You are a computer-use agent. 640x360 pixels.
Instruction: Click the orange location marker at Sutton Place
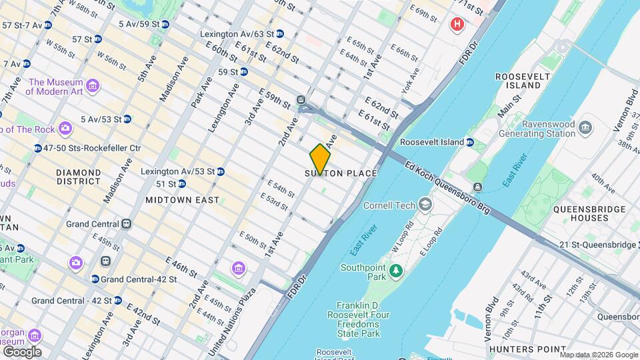[320, 158]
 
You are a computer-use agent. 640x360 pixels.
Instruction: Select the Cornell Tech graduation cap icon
[425, 205]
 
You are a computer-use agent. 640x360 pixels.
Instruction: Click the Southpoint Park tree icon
[396, 269]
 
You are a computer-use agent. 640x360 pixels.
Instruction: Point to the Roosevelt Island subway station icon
[469, 142]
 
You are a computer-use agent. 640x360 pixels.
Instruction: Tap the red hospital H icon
[457, 25]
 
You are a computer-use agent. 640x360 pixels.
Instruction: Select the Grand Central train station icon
[127, 224]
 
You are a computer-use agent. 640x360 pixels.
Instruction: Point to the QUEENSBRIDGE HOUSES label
[589, 213]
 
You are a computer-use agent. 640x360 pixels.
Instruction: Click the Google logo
[22, 352]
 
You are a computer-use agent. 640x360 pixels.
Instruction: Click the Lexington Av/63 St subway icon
[279, 33]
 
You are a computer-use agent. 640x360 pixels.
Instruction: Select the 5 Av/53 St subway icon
[127, 119]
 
